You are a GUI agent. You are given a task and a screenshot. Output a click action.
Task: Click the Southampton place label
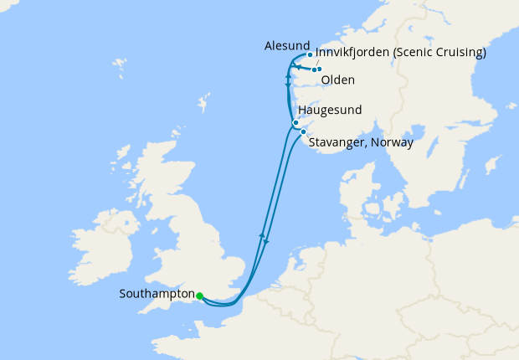(157, 295)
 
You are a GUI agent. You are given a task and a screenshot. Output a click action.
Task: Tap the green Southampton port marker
(199, 296)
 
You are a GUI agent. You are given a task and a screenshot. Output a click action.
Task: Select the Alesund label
(287, 45)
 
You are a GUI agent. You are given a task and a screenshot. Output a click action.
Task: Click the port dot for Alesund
(311, 55)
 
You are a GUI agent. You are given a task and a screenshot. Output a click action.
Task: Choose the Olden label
(337, 80)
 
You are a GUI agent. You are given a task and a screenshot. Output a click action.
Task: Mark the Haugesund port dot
(295, 122)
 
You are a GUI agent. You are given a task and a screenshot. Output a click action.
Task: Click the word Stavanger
(337, 143)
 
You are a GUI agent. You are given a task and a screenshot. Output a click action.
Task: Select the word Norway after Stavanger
(393, 143)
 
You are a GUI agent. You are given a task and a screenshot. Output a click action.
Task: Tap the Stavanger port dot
(303, 131)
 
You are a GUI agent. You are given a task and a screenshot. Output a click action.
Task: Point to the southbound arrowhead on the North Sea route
(267, 242)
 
